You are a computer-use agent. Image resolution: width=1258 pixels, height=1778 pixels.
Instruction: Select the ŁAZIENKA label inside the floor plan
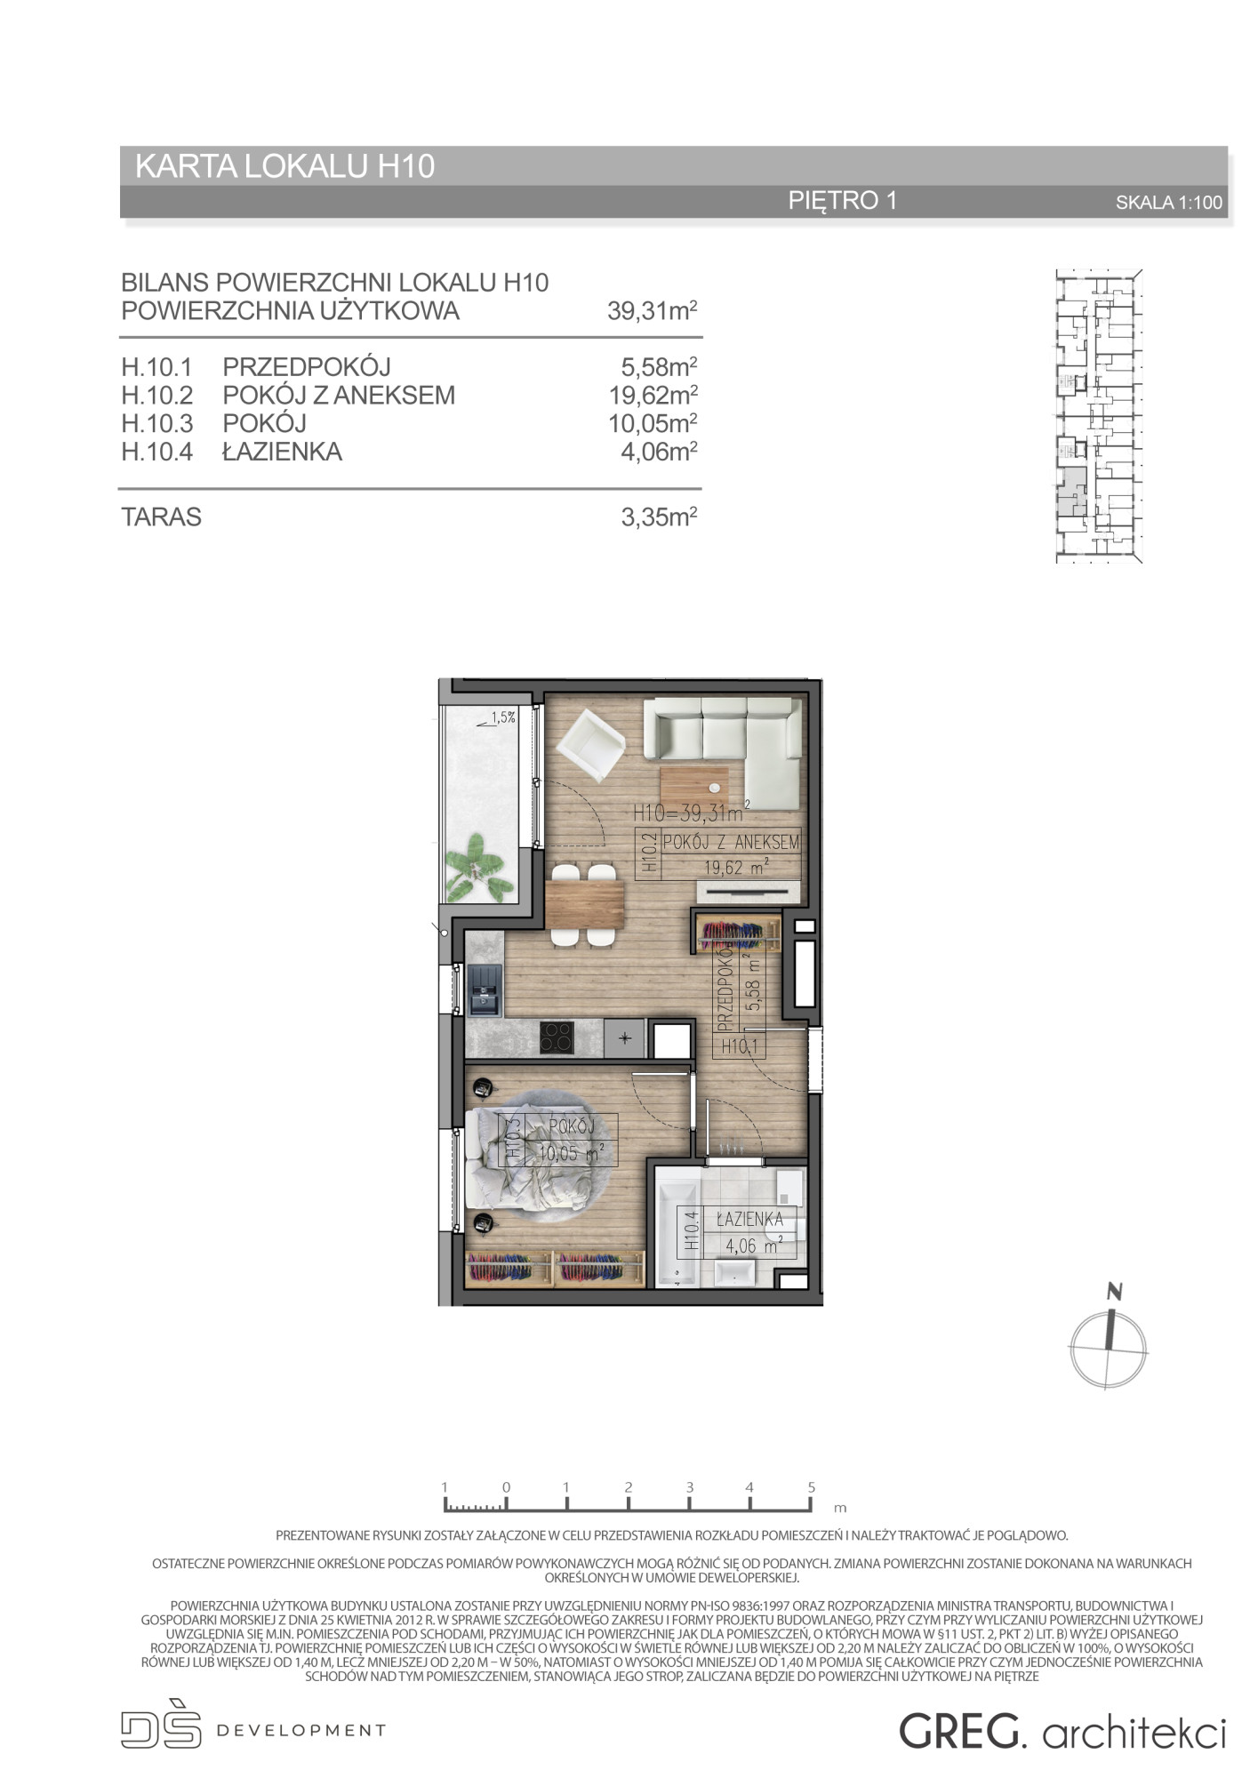click(749, 1219)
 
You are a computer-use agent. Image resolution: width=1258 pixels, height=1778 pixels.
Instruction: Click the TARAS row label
click(162, 517)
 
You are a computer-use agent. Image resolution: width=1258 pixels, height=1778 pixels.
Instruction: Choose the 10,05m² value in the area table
click(652, 423)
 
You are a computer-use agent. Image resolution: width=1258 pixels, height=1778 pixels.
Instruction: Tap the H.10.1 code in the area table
click(157, 366)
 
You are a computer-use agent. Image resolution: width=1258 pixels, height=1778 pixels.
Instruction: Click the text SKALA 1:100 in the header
click(1169, 203)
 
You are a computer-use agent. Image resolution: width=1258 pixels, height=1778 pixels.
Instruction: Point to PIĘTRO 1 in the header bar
click(843, 200)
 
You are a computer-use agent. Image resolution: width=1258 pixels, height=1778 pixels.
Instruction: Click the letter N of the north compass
click(1115, 1292)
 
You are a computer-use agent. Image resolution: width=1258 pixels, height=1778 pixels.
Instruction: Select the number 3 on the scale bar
click(689, 1486)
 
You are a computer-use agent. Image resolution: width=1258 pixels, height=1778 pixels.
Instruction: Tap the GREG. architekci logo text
click(1062, 1731)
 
